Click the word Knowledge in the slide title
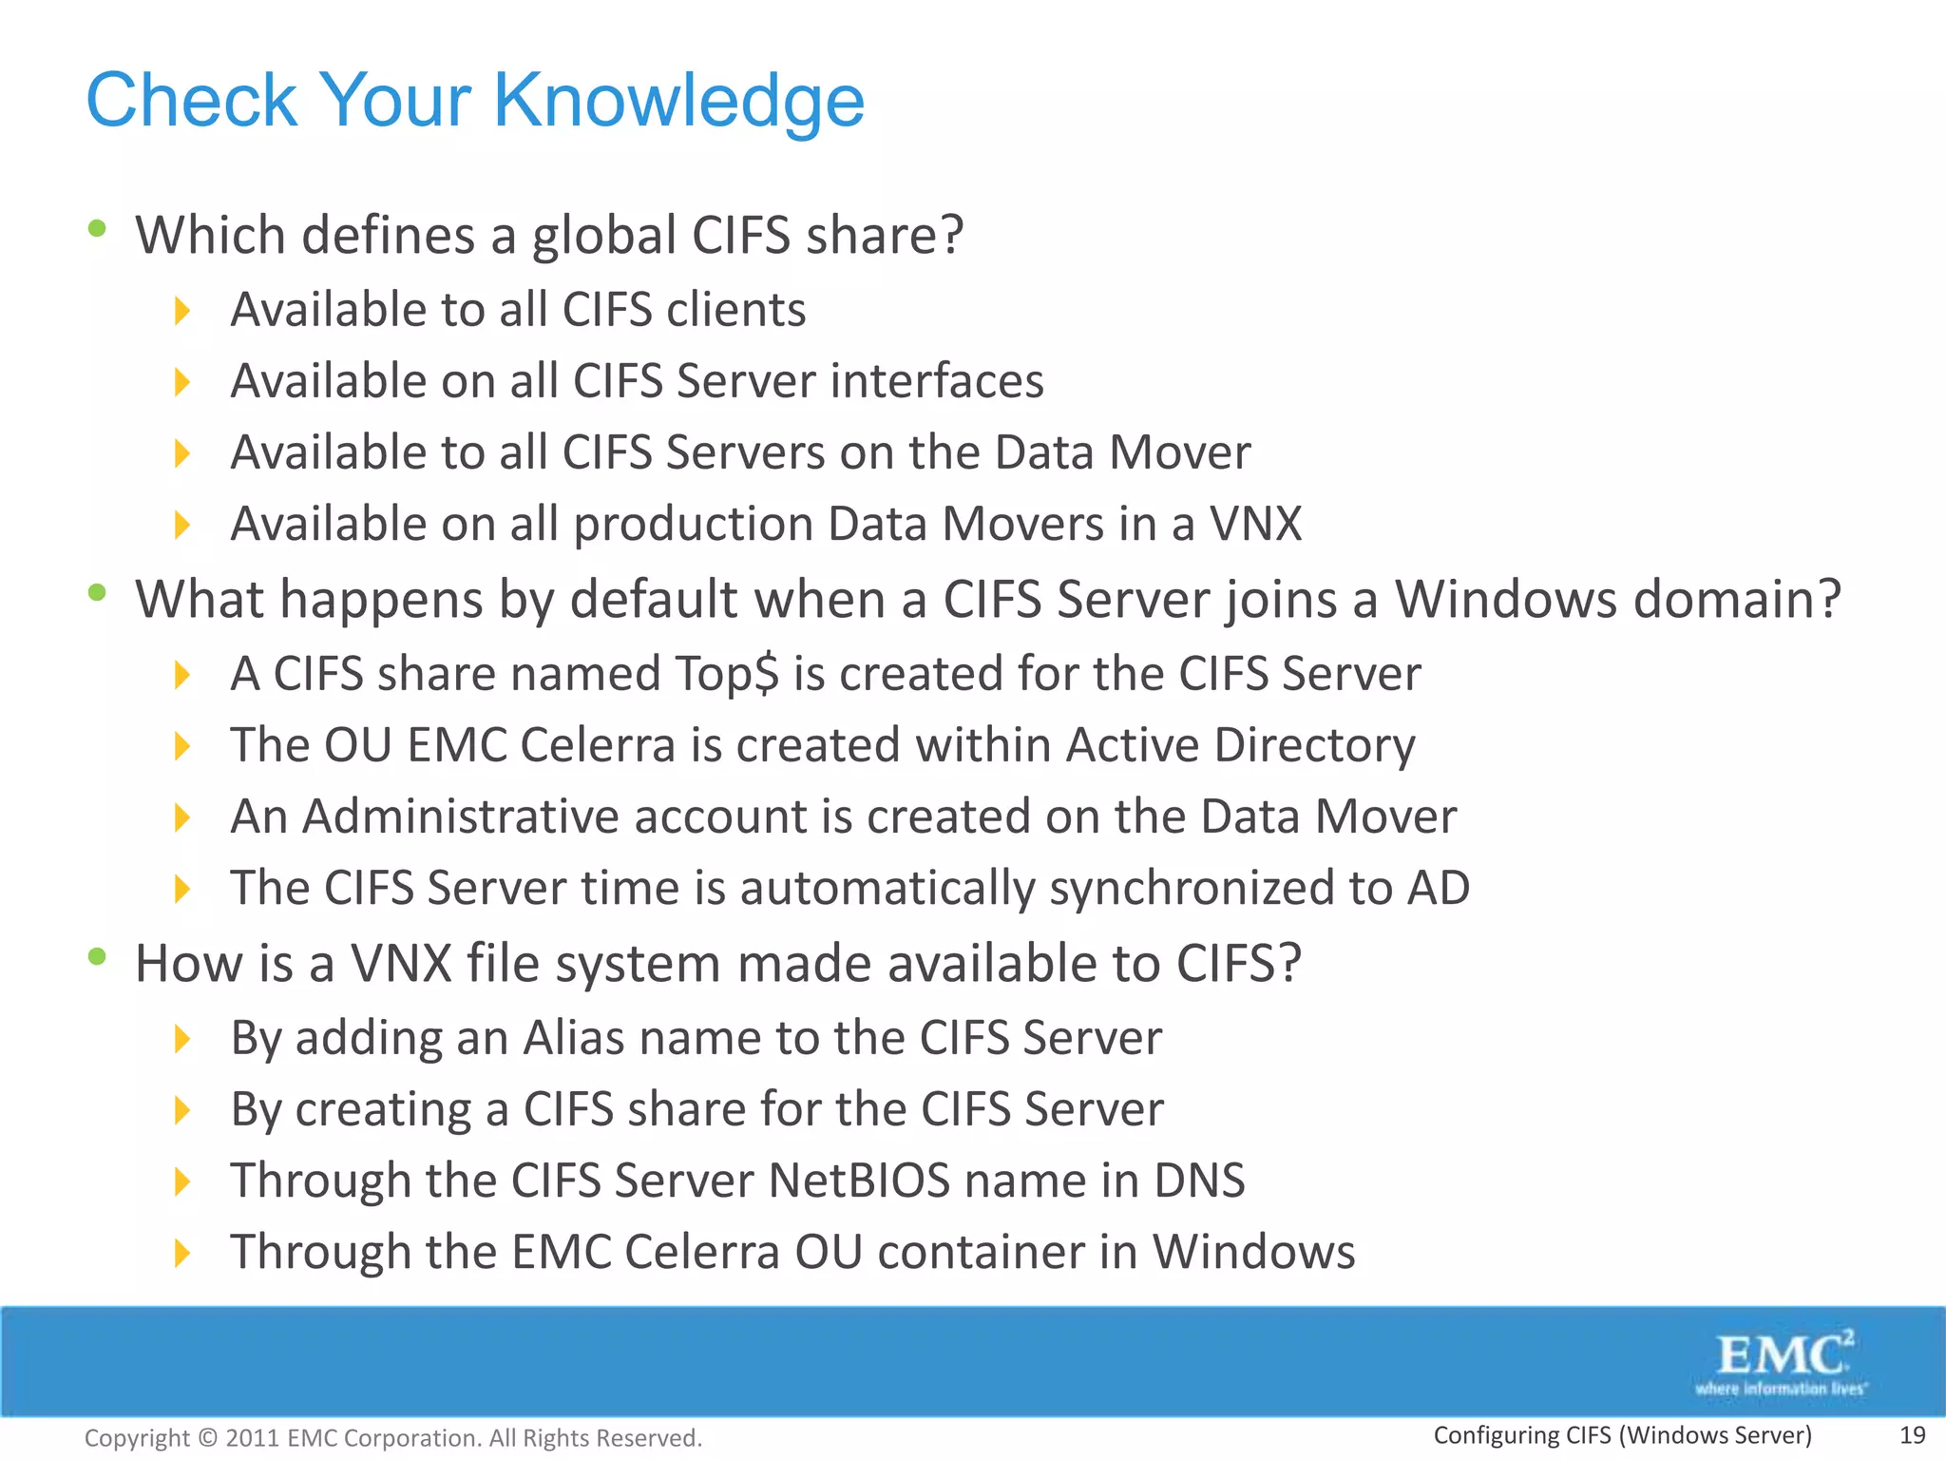click(678, 101)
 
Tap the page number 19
click(1912, 1435)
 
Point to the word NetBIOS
click(858, 1181)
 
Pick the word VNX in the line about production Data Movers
click(1254, 524)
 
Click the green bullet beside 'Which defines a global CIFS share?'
click(96, 228)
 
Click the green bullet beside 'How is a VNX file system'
click(96, 957)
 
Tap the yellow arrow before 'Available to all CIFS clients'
click(182, 311)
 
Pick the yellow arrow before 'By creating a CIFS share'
click(182, 1110)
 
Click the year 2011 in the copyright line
click(252, 1438)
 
